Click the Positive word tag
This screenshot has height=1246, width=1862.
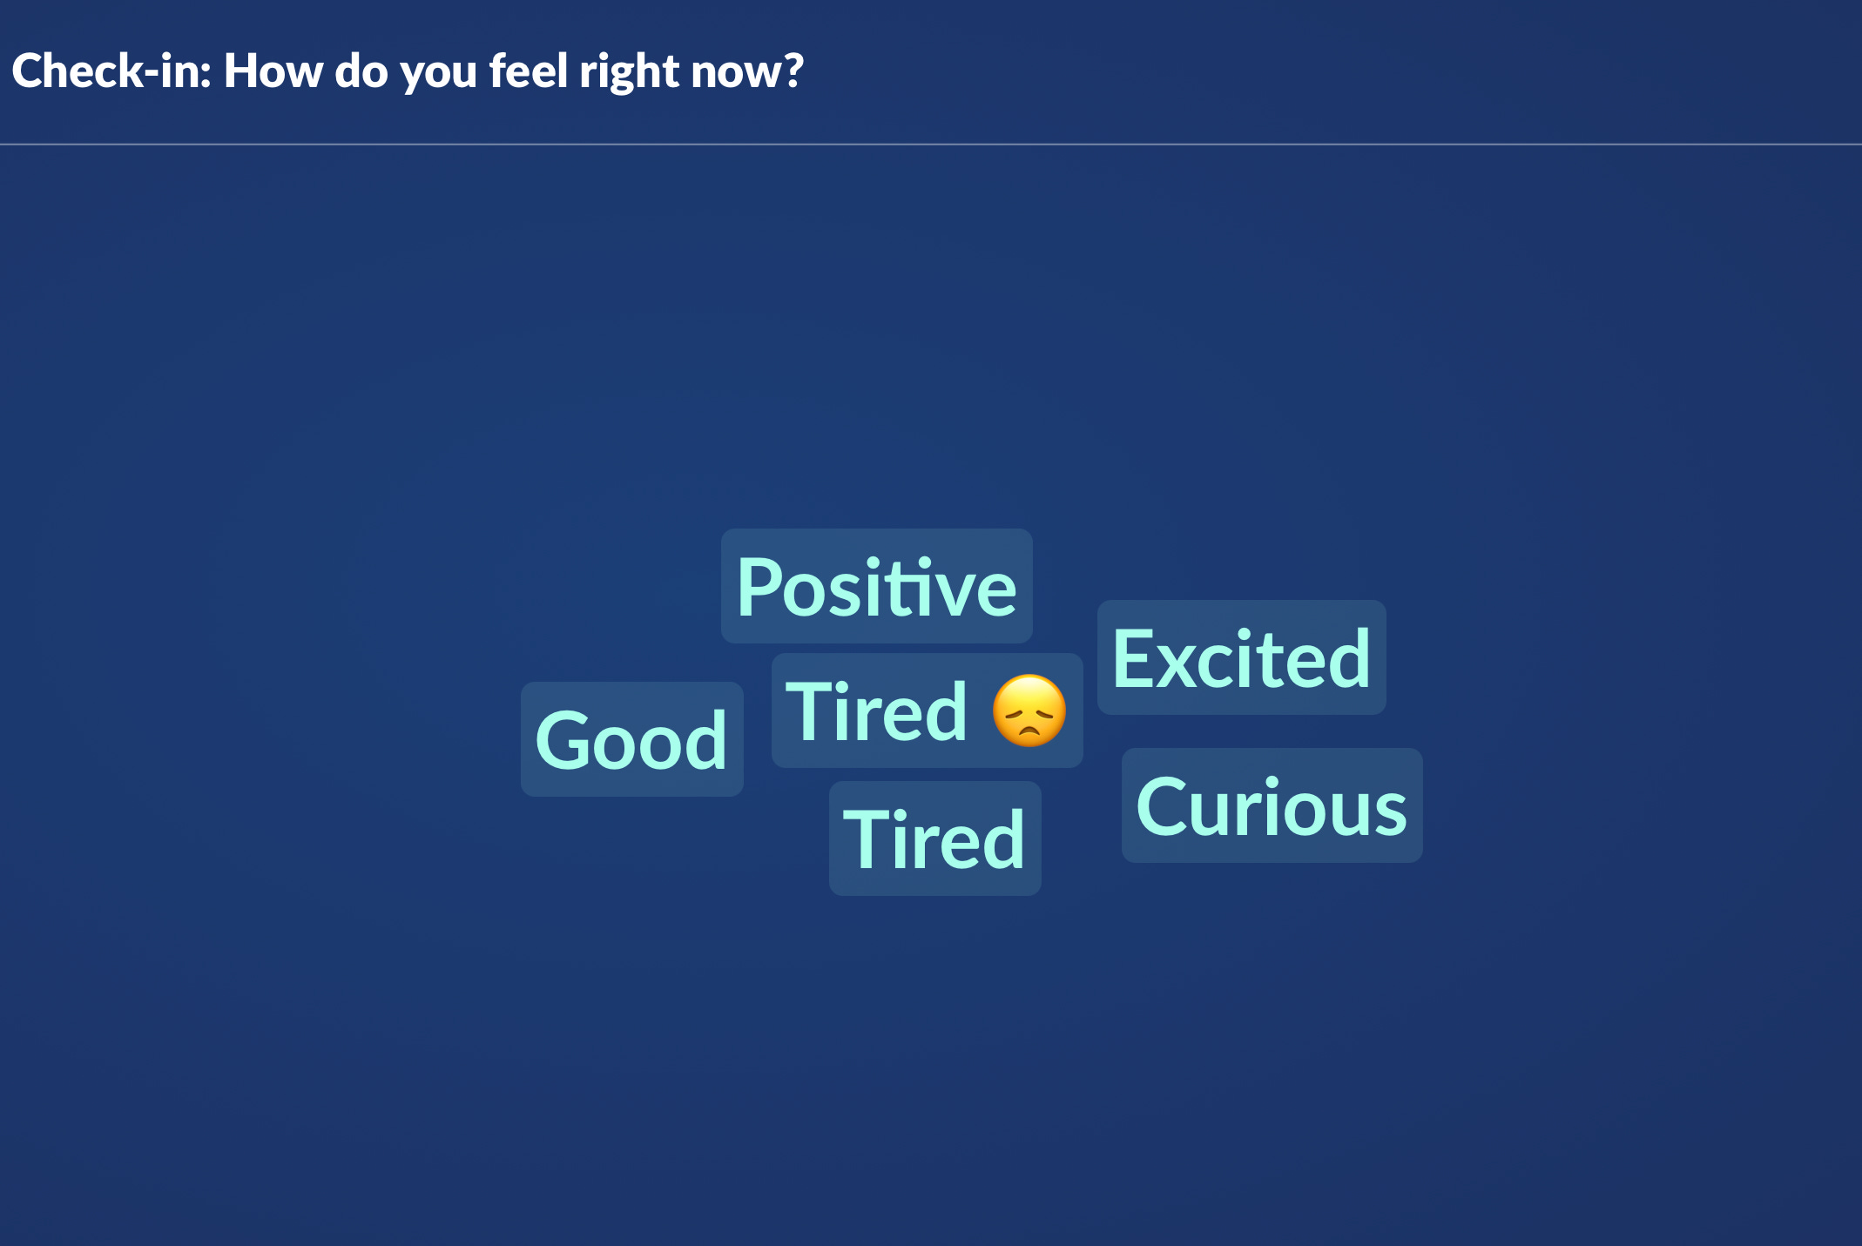pyautogui.click(x=876, y=586)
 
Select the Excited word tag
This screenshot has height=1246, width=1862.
pyautogui.click(x=1241, y=657)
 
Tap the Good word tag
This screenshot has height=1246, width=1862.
pyautogui.click(x=631, y=739)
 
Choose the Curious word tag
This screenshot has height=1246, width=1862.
pyautogui.click(x=1272, y=805)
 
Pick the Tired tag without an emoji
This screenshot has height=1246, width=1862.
pyautogui.click(x=934, y=839)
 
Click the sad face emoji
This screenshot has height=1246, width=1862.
pyautogui.click(x=1029, y=711)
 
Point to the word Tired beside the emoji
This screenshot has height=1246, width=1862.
pyautogui.click(x=876, y=711)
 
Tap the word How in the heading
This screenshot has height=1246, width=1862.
pyautogui.click(x=273, y=71)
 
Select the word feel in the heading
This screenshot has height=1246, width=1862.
pyautogui.click(x=528, y=71)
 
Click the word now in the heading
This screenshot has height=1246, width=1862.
pyautogui.click(x=733, y=75)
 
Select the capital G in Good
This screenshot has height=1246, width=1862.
pyautogui.click(x=565, y=740)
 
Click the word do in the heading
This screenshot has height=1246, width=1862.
pyautogui.click(x=361, y=71)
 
